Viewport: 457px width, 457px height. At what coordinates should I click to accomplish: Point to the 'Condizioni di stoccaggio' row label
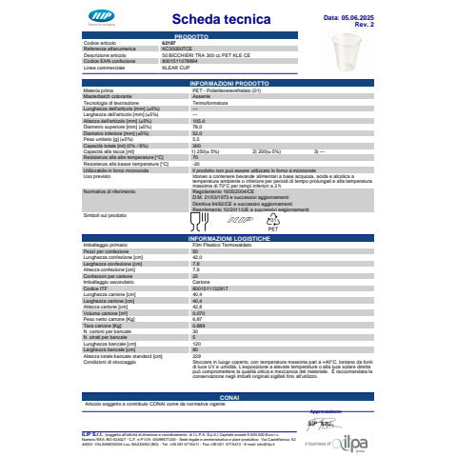click(109, 363)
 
